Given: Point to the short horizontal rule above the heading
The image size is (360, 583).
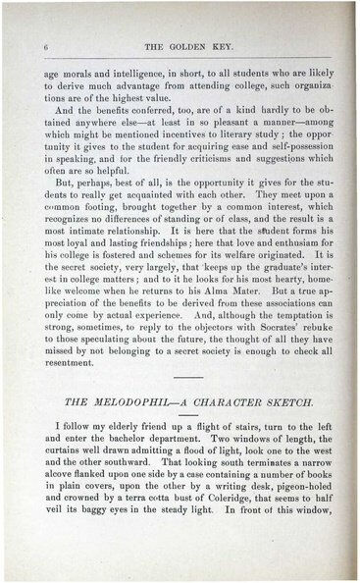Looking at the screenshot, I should [x=182, y=404].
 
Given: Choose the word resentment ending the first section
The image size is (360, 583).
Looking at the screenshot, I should [x=71, y=380].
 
